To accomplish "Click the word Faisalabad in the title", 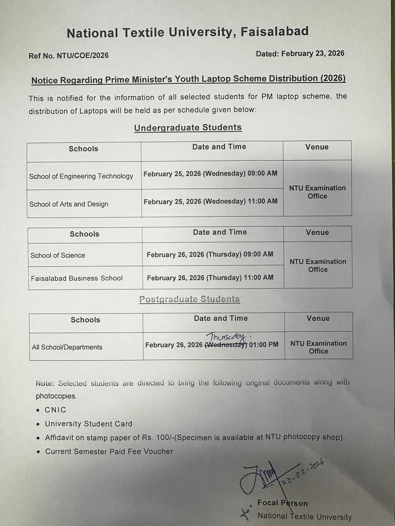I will pyautogui.click(x=274, y=32).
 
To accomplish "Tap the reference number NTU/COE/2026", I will pyautogui.click(x=83, y=55).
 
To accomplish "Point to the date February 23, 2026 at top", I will pyautogui.click(x=313, y=53).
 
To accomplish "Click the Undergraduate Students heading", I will pyautogui.click(x=188, y=128).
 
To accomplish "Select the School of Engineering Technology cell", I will pyautogui.click(x=81, y=176).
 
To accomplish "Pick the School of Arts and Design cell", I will pyautogui.click(x=69, y=204).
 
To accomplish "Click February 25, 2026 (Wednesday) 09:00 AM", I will pyautogui.click(x=210, y=173).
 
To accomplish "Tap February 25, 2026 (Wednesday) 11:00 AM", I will pyautogui.click(x=210, y=202).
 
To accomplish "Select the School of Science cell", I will pyautogui.click(x=58, y=255).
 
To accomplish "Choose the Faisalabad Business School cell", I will pyautogui.click(x=77, y=278).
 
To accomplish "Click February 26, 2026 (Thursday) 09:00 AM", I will pyautogui.click(x=210, y=254).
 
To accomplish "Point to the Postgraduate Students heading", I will pyautogui.click(x=189, y=299).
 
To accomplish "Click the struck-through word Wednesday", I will pyautogui.click(x=226, y=345).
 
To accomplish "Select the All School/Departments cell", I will pyautogui.click(x=67, y=347).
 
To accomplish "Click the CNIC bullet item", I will pyautogui.click(x=56, y=410).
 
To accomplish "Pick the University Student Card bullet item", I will pyautogui.click(x=89, y=424).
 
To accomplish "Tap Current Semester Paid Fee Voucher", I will pyautogui.click(x=109, y=451).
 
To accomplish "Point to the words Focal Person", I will pyautogui.click(x=282, y=503).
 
